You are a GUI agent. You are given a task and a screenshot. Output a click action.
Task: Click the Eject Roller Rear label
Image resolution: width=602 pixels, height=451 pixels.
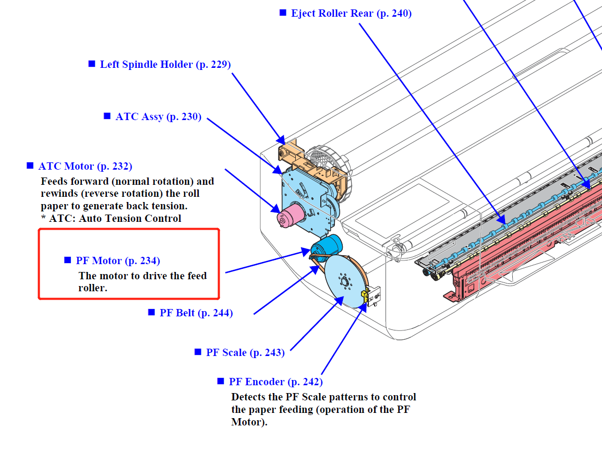click(x=351, y=14)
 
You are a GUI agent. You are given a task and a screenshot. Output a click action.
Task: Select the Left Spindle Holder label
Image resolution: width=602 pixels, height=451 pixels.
click(x=165, y=65)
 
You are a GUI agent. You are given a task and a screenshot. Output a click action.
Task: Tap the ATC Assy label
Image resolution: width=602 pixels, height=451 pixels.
click(x=158, y=117)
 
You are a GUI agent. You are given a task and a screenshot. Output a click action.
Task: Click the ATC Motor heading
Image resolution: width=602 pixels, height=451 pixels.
click(x=85, y=167)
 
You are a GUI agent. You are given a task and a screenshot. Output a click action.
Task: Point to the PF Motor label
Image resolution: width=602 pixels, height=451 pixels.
click(x=117, y=260)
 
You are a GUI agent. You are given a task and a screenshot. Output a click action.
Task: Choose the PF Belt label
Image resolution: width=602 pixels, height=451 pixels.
click(x=196, y=313)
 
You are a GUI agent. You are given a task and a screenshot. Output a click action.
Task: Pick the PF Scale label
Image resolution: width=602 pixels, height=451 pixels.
click(x=245, y=353)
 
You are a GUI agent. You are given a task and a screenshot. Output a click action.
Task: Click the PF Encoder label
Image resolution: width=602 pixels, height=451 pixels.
click(x=275, y=382)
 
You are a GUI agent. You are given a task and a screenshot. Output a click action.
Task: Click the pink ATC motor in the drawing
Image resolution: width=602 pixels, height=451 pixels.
click(x=292, y=215)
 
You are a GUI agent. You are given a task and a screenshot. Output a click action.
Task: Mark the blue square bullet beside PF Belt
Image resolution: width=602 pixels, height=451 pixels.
click(x=151, y=312)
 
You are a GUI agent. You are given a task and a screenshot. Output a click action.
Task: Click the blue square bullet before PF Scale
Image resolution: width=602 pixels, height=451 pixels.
click(x=198, y=352)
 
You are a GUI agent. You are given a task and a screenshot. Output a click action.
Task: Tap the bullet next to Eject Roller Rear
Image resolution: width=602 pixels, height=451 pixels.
click(x=283, y=13)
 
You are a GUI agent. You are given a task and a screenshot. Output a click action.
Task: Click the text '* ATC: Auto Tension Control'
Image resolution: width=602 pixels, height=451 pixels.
click(x=111, y=219)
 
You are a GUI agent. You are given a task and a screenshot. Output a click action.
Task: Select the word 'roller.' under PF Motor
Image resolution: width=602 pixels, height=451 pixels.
click(x=93, y=288)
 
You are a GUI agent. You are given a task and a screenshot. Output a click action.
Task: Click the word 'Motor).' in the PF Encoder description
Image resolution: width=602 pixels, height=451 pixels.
click(x=249, y=422)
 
